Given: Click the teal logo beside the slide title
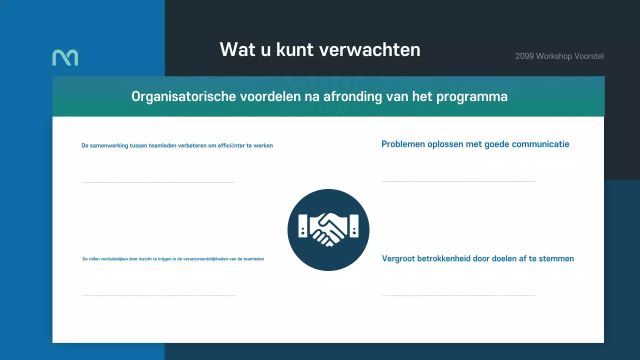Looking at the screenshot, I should click(x=65, y=57).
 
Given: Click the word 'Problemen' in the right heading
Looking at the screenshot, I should click(x=402, y=144).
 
